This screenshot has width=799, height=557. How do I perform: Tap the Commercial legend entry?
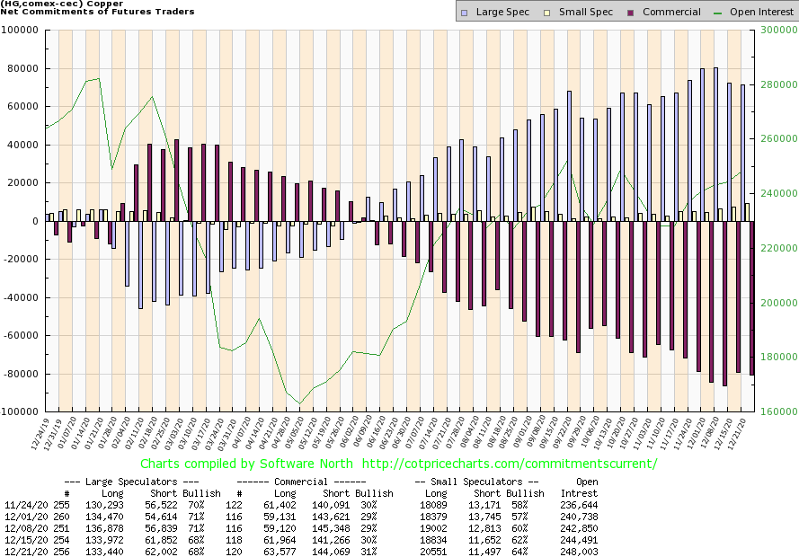click(x=664, y=12)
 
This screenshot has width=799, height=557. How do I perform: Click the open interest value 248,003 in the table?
click(x=579, y=551)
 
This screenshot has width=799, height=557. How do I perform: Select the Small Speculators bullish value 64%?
click(x=534, y=551)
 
